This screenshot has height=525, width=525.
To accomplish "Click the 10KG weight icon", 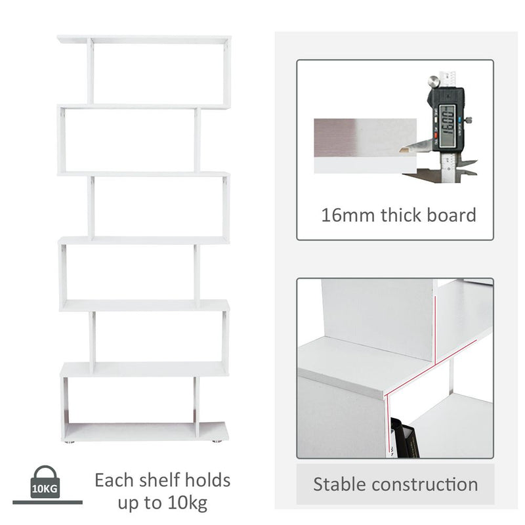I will [x=45, y=483].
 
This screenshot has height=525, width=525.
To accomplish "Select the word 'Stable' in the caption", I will [x=339, y=485].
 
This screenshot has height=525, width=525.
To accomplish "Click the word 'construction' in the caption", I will [x=424, y=485].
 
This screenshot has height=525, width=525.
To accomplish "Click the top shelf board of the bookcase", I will [x=144, y=39].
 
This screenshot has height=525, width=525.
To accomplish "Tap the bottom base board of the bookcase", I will [x=146, y=431].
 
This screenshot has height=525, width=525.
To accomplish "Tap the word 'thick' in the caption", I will [x=400, y=215].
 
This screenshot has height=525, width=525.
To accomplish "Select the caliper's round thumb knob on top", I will [x=433, y=82].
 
